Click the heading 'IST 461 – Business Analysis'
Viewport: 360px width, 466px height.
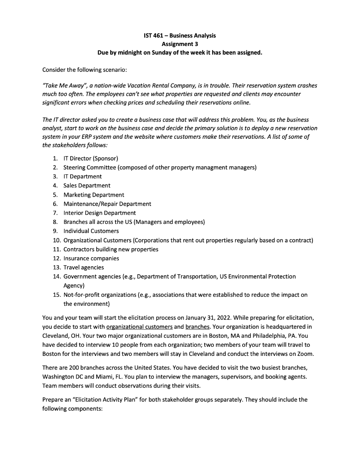pyautogui.click(x=180, y=35)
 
